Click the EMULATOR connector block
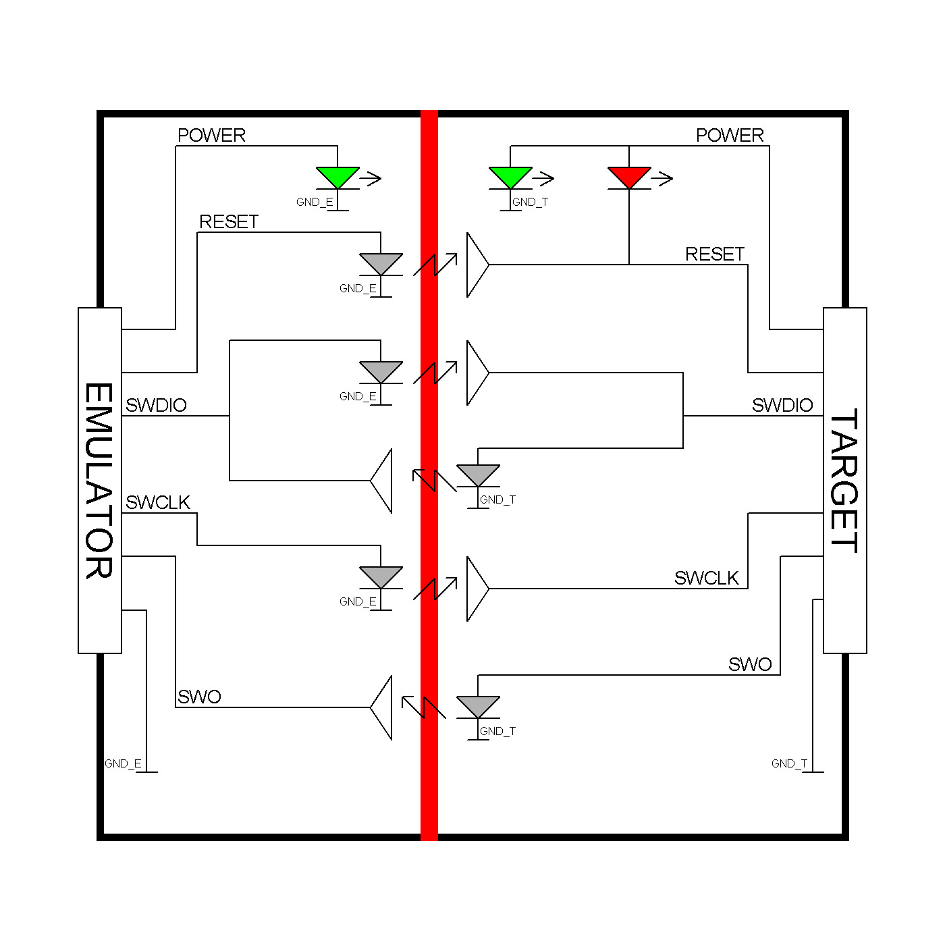(100, 480)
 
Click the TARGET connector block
(844, 480)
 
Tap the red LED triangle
(629, 176)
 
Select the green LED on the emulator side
(337, 176)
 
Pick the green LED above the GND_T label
(510, 176)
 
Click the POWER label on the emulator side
(211, 135)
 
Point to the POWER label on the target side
(730, 135)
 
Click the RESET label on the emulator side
(229, 222)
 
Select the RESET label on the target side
(715, 254)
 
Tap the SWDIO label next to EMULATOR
(156, 405)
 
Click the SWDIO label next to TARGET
(782, 405)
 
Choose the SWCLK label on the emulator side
(158, 502)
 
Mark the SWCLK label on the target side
(707, 578)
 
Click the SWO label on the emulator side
(199, 697)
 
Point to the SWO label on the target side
(750, 664)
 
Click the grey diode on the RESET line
(381, 263)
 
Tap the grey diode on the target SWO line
(478, 706)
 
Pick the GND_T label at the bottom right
(789, 763)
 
